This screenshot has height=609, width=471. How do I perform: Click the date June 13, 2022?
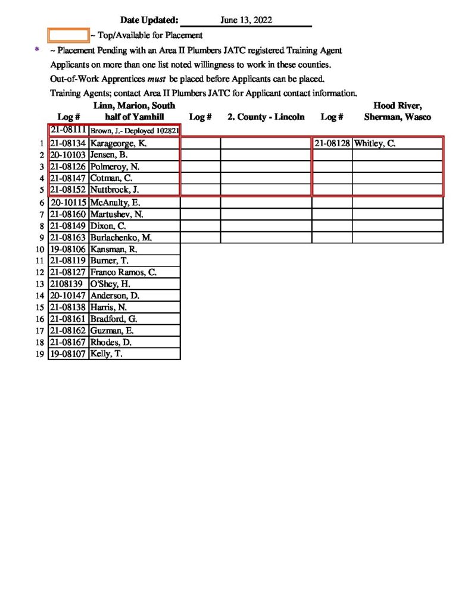tap(246, 20)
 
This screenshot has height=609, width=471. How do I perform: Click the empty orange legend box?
tap(68, 35)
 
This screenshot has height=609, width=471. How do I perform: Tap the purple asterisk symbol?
tap(38, 51)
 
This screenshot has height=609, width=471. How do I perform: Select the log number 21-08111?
tap(68, 130)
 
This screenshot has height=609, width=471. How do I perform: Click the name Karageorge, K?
tap(118, 143)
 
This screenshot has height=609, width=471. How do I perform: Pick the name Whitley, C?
tap(375, 143)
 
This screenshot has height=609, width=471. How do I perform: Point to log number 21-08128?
tap(332, 143)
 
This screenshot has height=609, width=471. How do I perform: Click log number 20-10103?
tap(68, 155)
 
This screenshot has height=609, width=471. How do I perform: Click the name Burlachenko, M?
tap(121, 237)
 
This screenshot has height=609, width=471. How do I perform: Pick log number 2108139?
tap(67, 284)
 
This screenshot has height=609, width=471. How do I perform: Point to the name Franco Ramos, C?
tap(123, 272)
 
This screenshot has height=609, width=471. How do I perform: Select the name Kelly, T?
tap(106, 354)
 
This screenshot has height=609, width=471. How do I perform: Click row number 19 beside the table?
tap(40, 354)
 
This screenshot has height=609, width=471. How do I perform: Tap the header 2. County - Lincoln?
tap(266, 117)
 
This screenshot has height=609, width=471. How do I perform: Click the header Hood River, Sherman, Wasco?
tap(397, 111)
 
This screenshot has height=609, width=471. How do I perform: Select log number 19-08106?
tap(68, 249)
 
